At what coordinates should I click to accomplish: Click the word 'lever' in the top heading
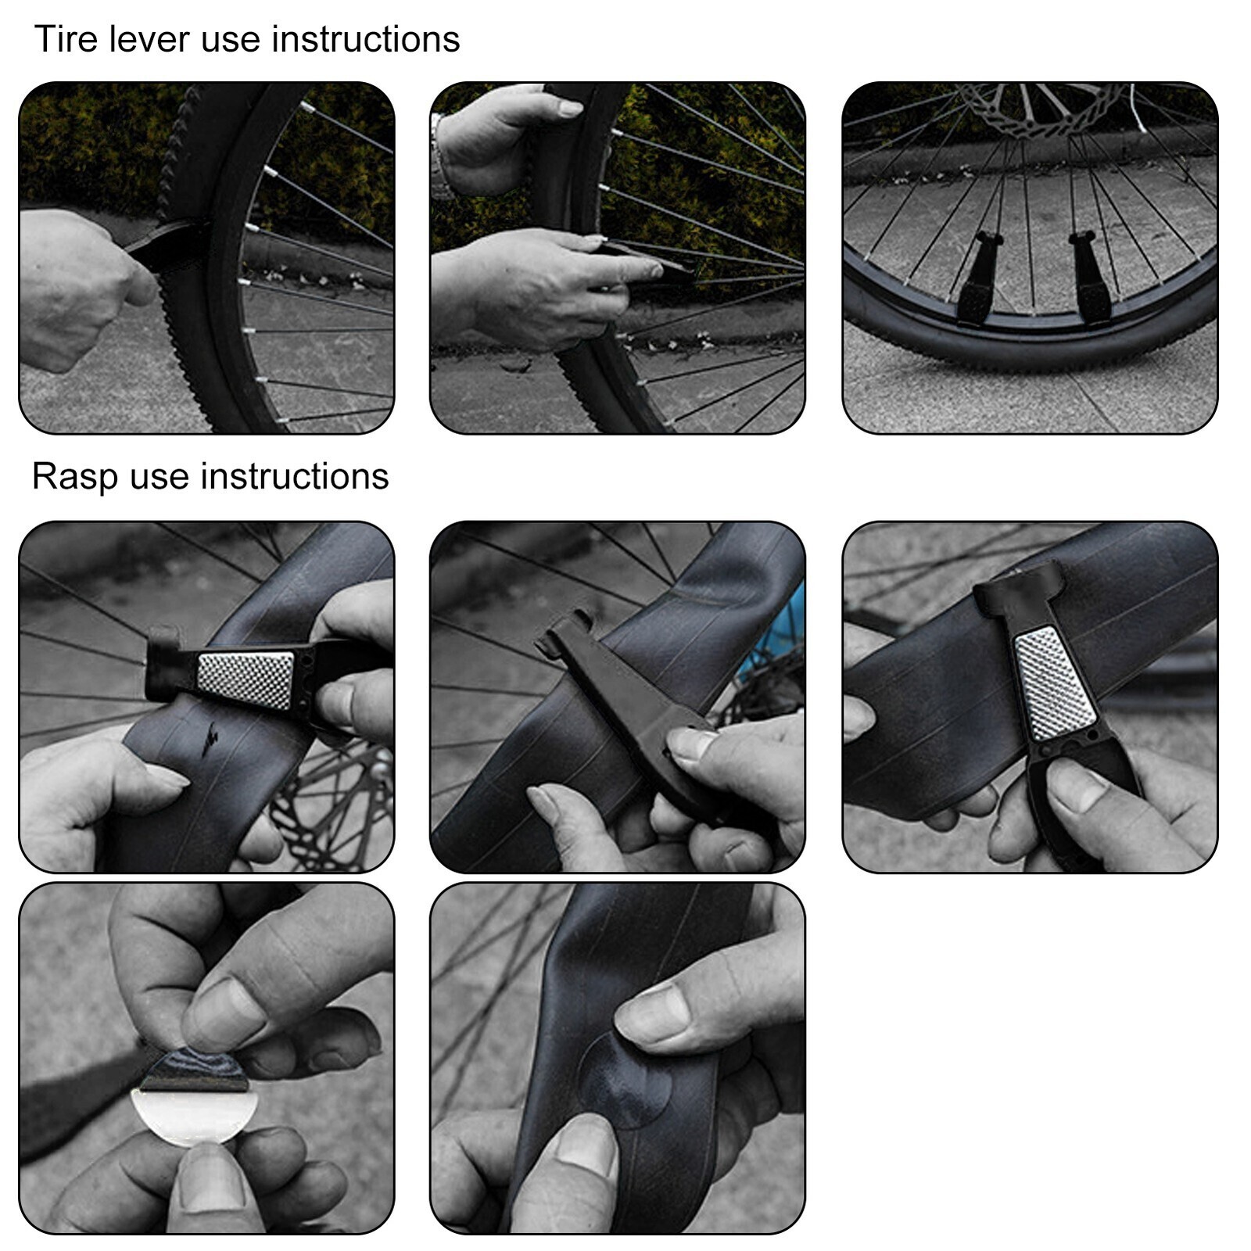149,39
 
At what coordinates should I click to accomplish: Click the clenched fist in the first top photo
74,289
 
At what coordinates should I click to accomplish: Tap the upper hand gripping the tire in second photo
500,137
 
